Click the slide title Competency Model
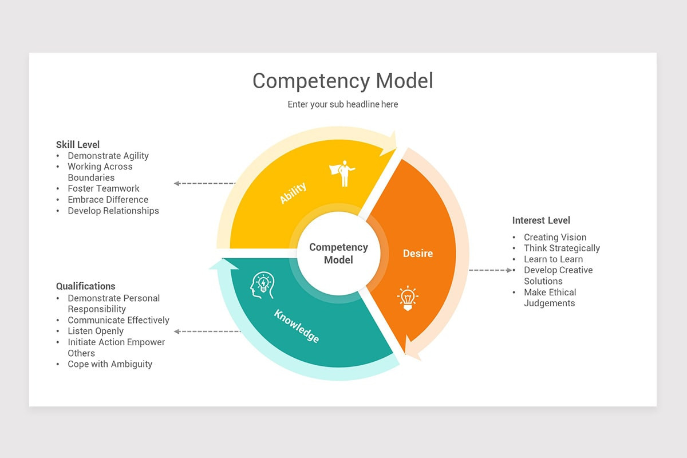pos(342,81)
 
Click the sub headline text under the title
pos(342,104)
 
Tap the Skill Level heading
pos(78,144)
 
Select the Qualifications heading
pos(86,286)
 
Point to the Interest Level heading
pos(541,220)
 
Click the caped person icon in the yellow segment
pos(342,173)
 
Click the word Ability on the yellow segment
pos(293,193)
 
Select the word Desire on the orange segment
pos(418,253)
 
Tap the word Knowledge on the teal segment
pos(297,326)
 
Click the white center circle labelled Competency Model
pos(338,253)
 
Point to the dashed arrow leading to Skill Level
pos(204,183)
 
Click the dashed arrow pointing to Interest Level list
pos(491,270)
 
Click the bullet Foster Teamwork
pos(104,188)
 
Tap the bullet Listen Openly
pos(96,331)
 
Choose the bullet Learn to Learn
pos(553,259)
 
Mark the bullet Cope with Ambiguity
pos(110,364)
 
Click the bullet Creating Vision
pos(555,237)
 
